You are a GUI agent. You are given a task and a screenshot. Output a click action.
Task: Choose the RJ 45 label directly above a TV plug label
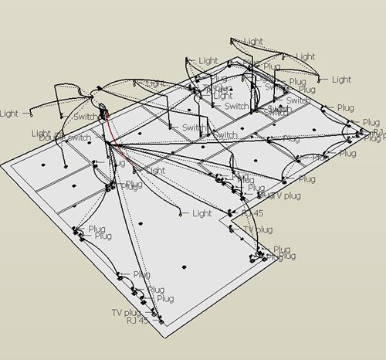click(x=252, y=212)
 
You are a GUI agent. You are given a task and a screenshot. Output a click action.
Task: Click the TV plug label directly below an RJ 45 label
click(x=258, y=229)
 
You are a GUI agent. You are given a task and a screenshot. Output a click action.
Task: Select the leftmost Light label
click(x=9, y=114)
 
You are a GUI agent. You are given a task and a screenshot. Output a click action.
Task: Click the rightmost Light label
click(x=341, y=80)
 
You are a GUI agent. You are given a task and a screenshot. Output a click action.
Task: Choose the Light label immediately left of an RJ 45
click(x=201, y=213)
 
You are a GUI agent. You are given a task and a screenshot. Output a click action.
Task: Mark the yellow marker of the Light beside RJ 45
click(x=179, y=212)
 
